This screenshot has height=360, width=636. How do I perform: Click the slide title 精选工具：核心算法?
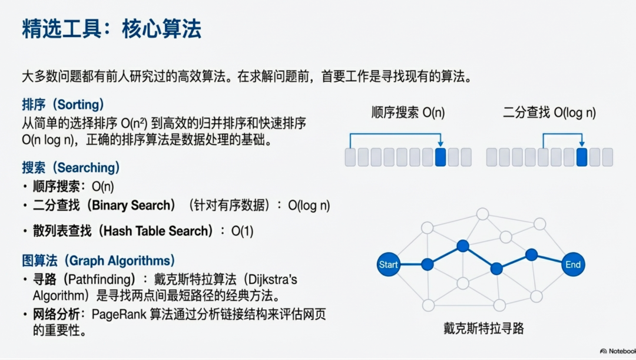pyautogui.click(x=111, y=29)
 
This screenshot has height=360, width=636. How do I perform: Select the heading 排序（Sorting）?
pyautogui.click(x=62, y=105)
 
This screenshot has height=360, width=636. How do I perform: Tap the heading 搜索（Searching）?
pyautogui.click(x=71, y=167)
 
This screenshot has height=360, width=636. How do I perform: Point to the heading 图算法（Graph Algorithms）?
pyautogui.click(x=98, y=260)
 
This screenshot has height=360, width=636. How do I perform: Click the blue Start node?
pyautogui.click(x=388, y=265)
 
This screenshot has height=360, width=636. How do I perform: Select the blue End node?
pyautogui.click(x=573, y=265)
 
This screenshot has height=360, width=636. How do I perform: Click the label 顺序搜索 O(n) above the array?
pyautogui.click(x=408, y=113)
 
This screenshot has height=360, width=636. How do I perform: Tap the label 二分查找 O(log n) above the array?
pyautogui.click(x=549, y=113)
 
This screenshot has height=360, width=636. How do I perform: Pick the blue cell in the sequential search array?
pyautogui.click(x=440, y=157)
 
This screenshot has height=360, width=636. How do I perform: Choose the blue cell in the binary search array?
pyautogui.click(x=582, y=157)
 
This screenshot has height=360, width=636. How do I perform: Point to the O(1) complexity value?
pyautogui.click(x=242, y=231)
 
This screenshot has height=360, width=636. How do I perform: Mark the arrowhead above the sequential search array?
pyautogui.click(x=440, y=144)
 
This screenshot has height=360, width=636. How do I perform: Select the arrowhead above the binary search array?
pyautogui.click(x=582, y=144)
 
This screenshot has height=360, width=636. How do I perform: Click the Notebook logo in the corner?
pyautogui.click(x=618, y=351)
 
